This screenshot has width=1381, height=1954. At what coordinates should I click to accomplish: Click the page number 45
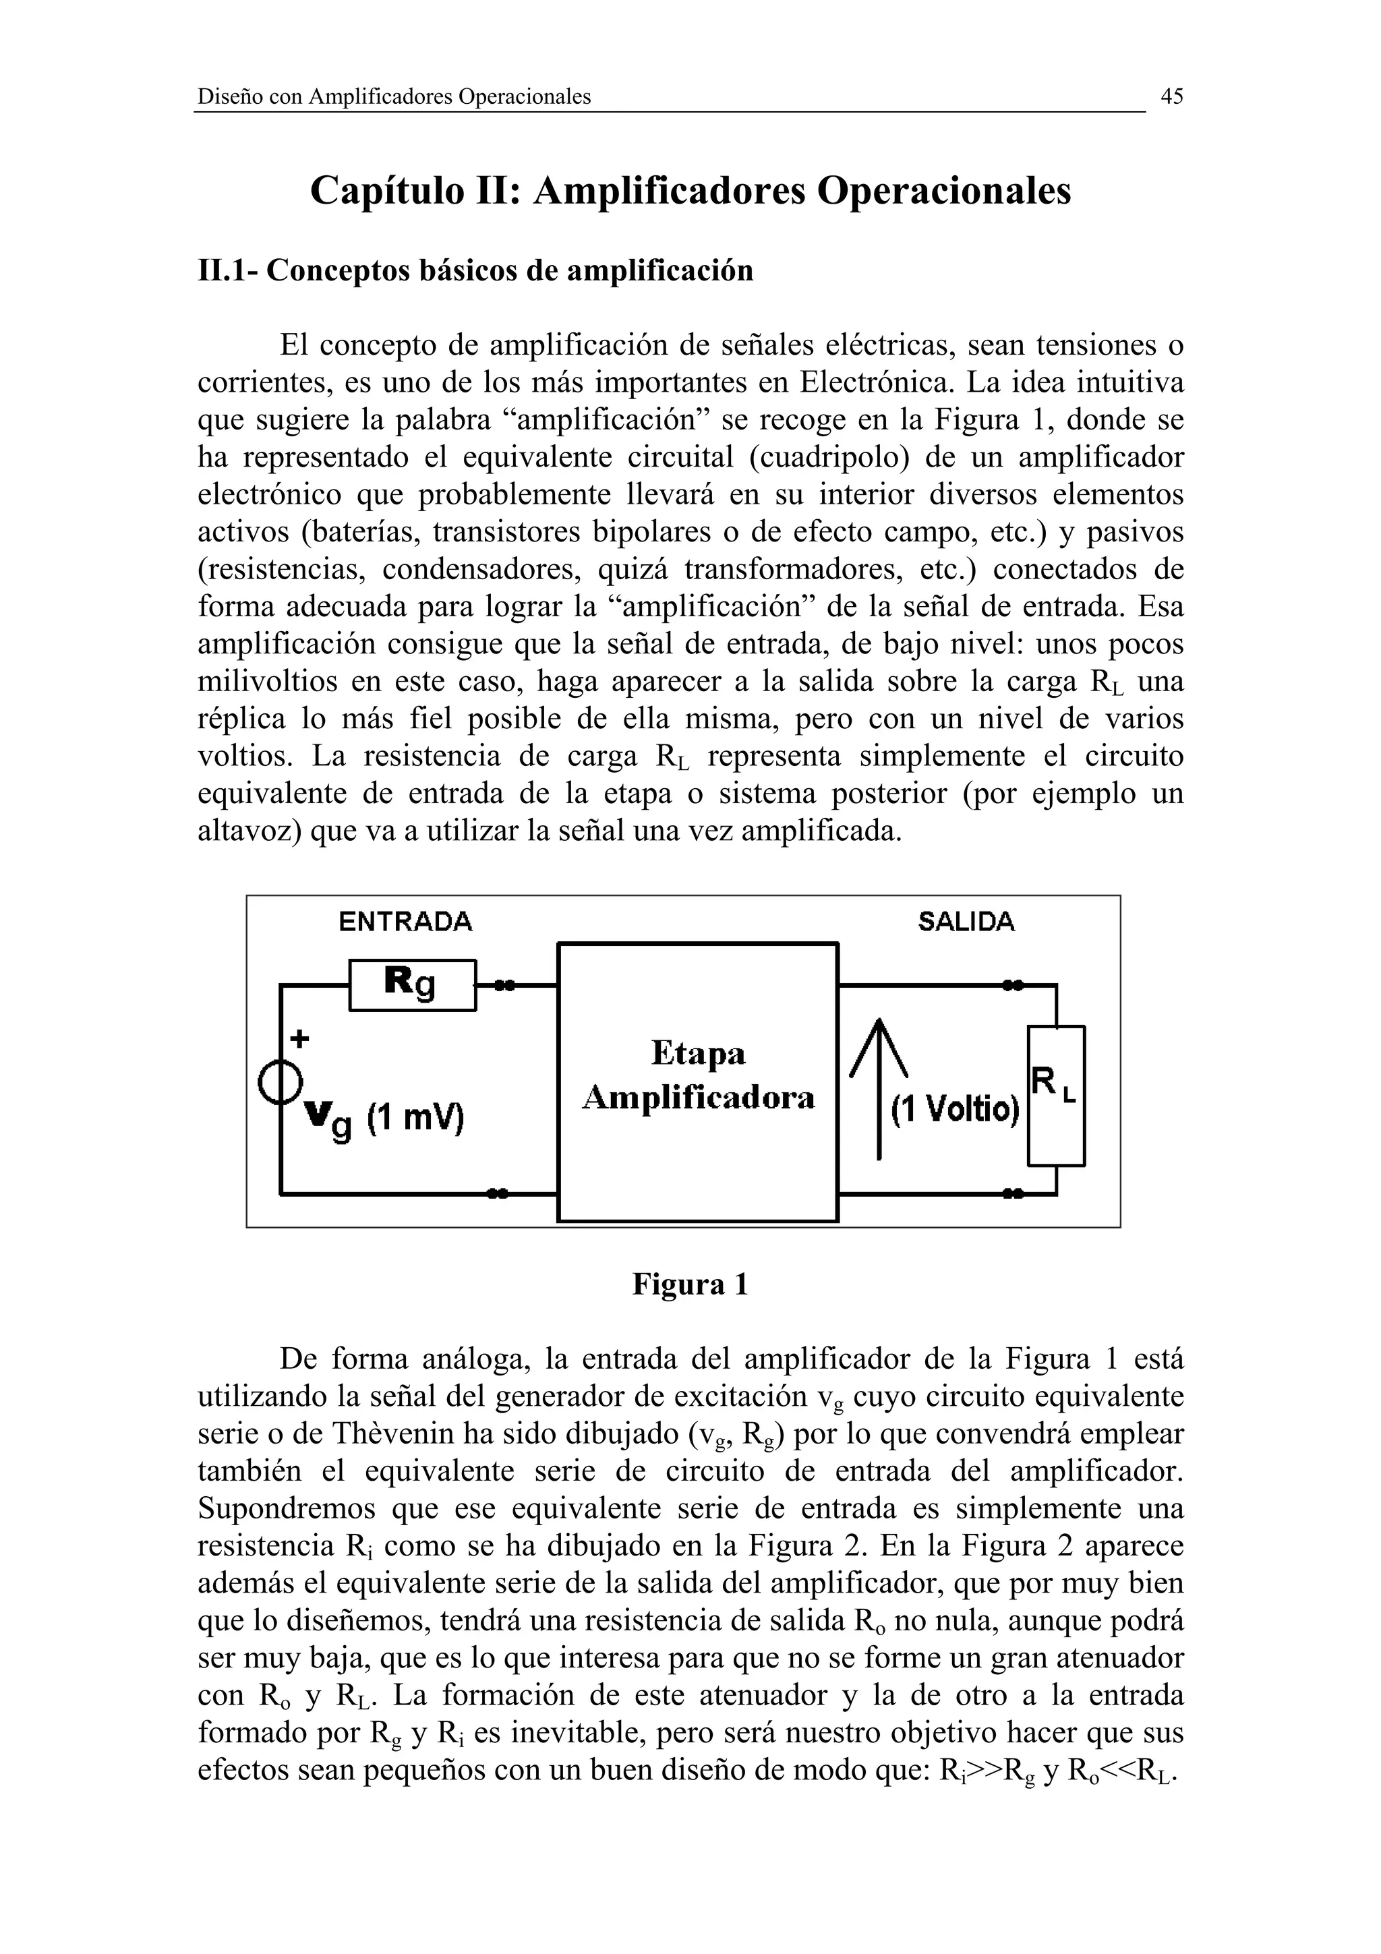[x=1171, y=97]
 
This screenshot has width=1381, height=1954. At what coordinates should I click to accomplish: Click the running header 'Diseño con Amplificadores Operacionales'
[x=394, y=97]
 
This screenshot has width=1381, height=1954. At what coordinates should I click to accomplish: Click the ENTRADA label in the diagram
[x=405, y=922]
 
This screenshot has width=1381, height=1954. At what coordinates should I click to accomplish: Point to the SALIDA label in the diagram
[x=966, y=922]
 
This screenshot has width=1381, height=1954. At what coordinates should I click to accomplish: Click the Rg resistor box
[x=413, y=984]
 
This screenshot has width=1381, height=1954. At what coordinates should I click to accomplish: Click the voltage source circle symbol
[x=281, y=1084]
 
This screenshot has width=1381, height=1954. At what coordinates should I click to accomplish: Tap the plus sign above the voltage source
[x=299, y=1038]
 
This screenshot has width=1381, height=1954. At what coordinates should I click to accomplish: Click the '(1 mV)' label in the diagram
[x=416, y=1117]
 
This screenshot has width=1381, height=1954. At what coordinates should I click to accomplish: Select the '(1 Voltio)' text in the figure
[x=955, y=1110]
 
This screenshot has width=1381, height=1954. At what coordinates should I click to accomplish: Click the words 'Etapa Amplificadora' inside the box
[x=698, y=1075]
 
